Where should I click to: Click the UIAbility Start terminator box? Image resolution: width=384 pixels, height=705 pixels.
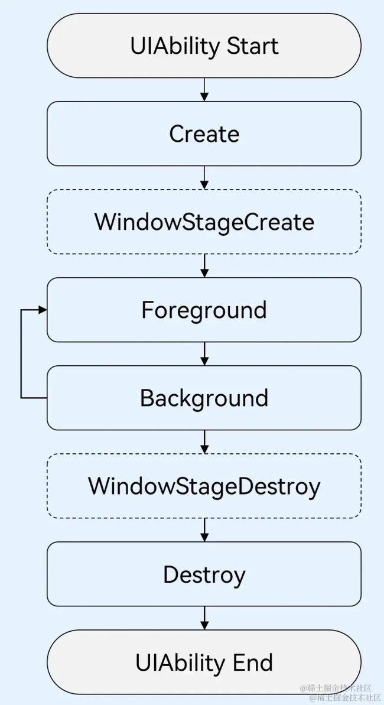click(204, 46)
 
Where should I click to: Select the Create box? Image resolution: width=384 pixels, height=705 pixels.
click(204, 134)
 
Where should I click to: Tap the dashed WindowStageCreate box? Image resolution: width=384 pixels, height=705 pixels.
click(204, 222)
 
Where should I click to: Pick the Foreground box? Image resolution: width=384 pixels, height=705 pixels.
click(204, 310)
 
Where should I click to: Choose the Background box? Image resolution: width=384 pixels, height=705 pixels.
click(204, 398)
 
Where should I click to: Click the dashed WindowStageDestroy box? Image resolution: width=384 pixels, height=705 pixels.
click(204, 486)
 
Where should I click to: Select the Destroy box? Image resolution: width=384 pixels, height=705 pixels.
click(204, 574)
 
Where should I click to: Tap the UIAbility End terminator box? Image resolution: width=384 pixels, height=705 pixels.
click(204, 662)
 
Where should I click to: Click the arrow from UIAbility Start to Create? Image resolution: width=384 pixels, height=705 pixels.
click(204, 89)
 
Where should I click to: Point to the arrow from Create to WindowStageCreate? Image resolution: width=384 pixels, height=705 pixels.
click(204, 178)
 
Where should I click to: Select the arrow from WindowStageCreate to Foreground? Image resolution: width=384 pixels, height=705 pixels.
click(204, 266)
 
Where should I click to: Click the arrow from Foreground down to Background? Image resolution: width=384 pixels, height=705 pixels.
click(204, 354)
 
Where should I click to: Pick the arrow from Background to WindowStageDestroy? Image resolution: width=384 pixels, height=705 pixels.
click(204, 442)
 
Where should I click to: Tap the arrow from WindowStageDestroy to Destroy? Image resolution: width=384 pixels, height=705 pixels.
click(204, 529)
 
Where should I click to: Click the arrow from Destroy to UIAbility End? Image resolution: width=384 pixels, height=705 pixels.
click(204, 618)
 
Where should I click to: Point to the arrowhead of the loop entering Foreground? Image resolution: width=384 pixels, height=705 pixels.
click(43, 310)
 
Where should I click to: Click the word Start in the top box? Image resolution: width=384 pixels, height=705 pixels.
click(253, 46)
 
